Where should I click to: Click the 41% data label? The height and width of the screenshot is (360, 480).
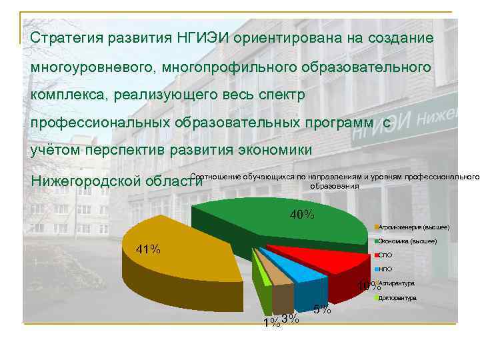click(148, 250)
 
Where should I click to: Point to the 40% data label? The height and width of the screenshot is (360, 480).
click(302, 215)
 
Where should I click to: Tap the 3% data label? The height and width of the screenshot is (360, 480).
click(290, 319)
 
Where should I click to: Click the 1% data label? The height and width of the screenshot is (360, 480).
click(271, 323)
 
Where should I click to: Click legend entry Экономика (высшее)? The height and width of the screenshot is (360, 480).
click(407, 241)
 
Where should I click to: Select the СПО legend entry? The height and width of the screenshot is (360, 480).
click(385, 255)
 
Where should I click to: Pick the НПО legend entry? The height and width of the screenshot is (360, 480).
click(385, 269)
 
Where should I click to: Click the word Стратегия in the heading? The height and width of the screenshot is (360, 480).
click(67, 37)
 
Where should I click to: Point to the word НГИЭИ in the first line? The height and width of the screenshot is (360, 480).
click(205, 37)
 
